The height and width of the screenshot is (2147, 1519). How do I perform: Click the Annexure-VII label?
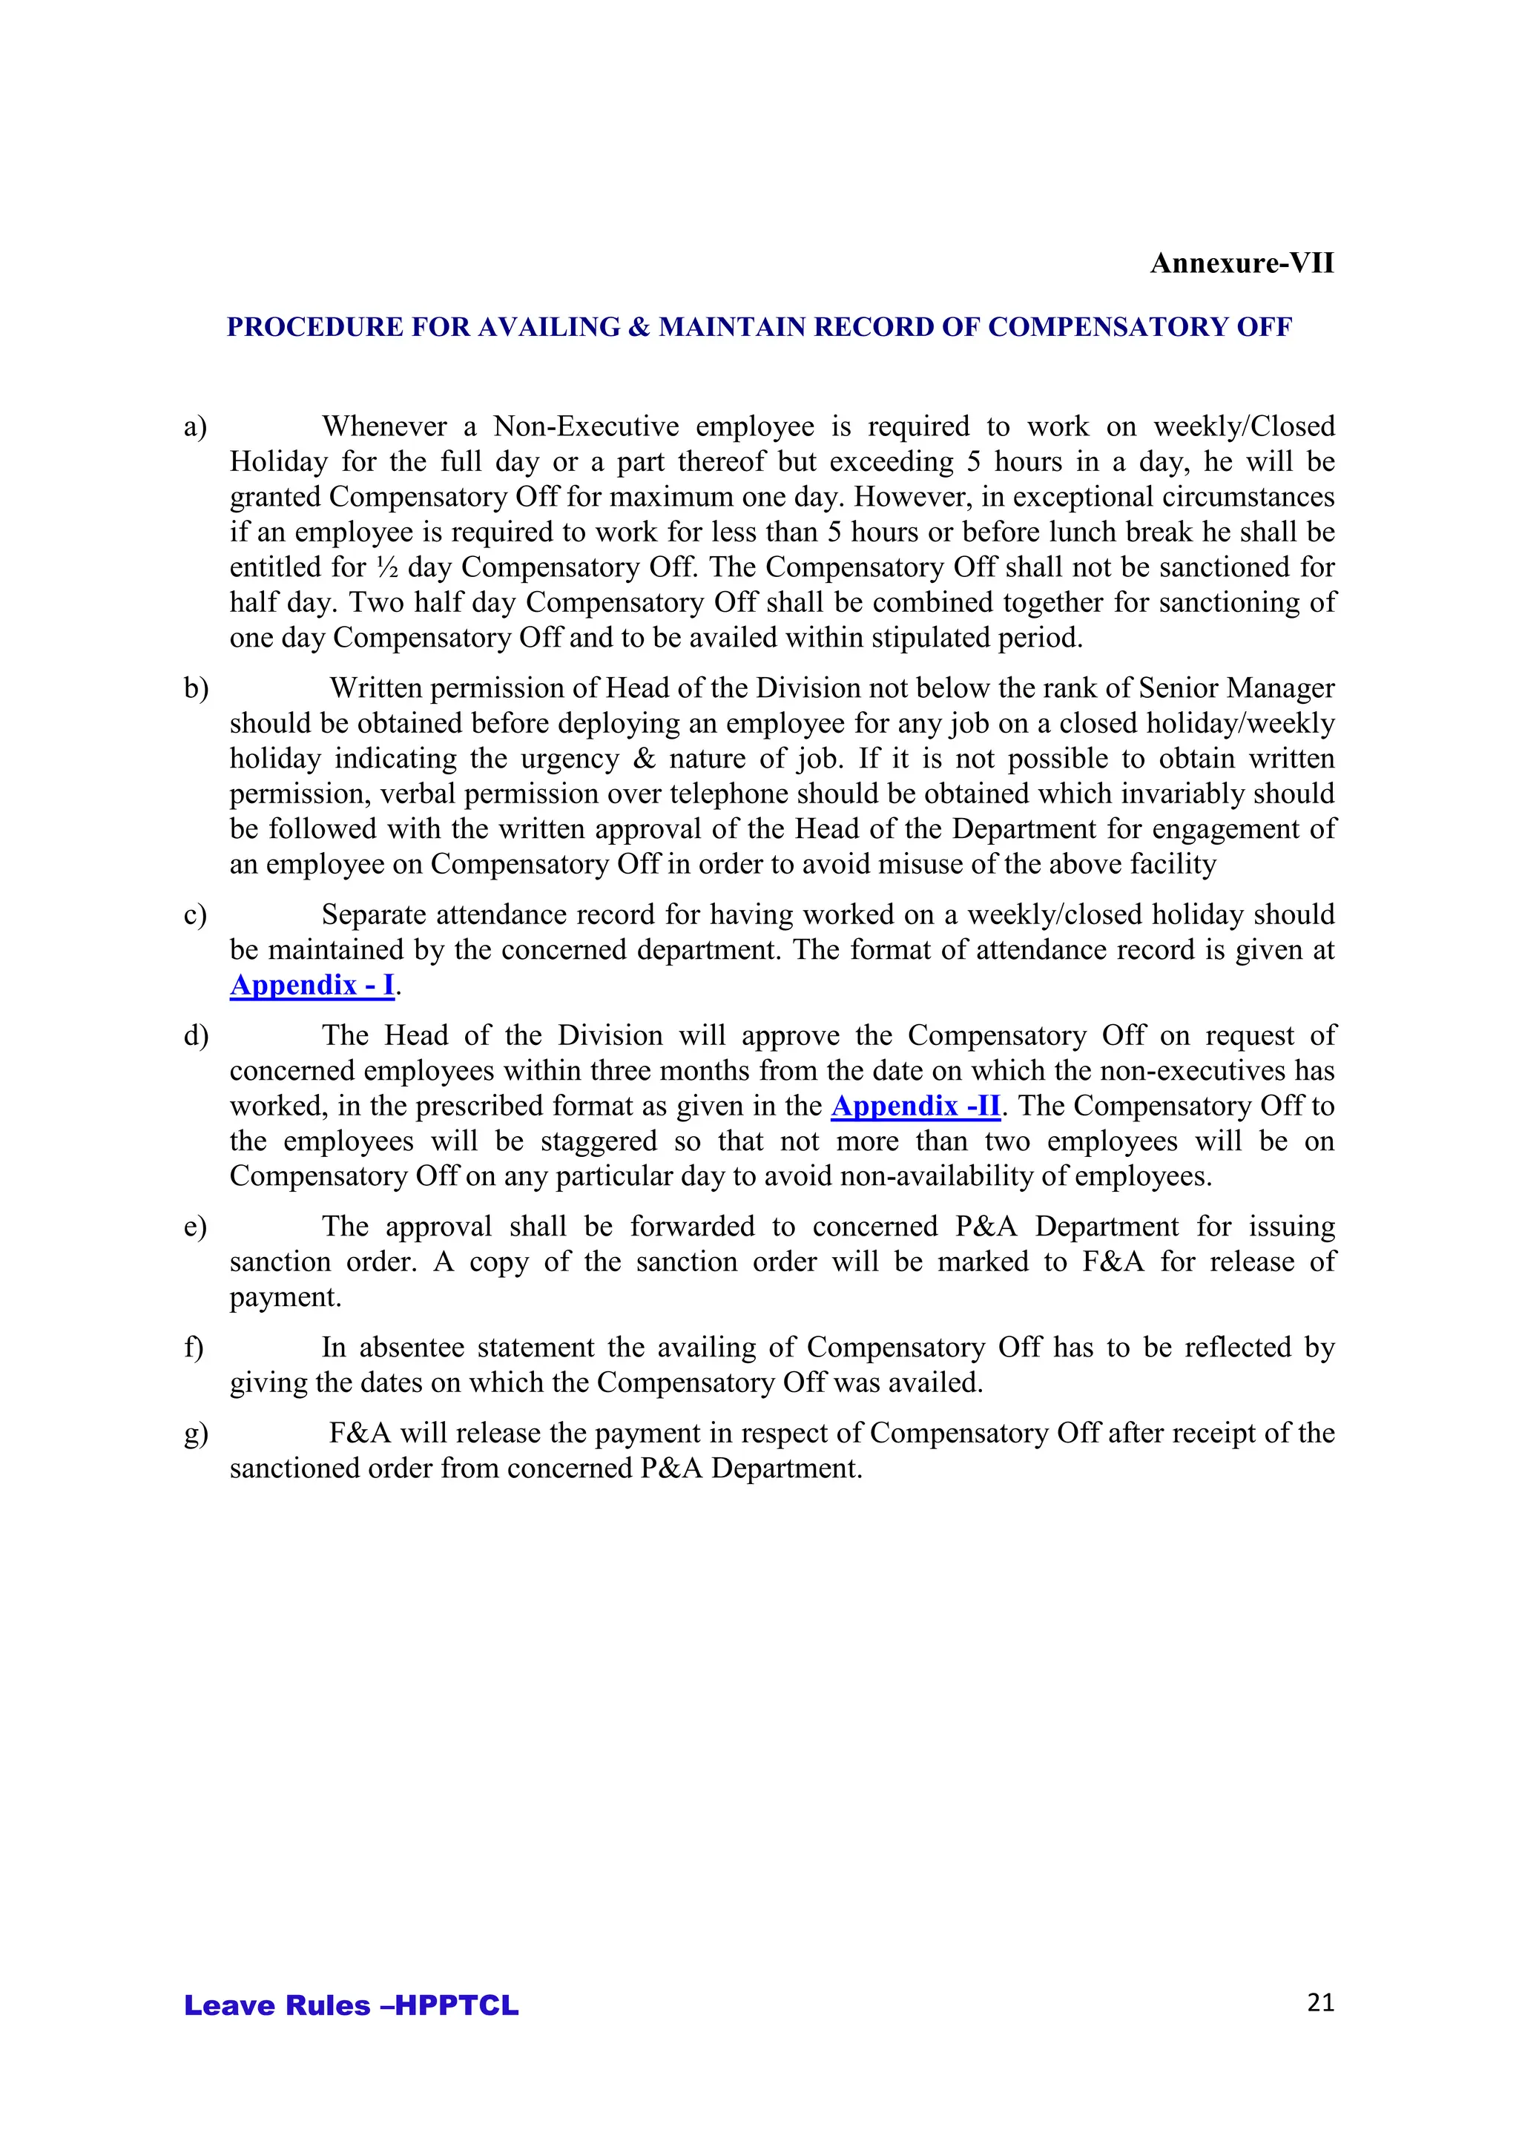(x=1241, y=264)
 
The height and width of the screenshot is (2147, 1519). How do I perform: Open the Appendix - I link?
(x=312, y=986)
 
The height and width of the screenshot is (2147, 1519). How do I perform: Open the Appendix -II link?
(x=916, y=1107)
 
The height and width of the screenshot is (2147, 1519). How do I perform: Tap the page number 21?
(x=1319, y=2002)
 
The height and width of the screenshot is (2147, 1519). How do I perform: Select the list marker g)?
(x=196, y=1434)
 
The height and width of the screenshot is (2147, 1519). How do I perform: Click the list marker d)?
(x=196, y=1036)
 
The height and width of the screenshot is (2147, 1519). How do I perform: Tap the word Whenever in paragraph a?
(x=384, y=426)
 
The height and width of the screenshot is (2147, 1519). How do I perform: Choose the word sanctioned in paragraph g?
(x=294, y=1469)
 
